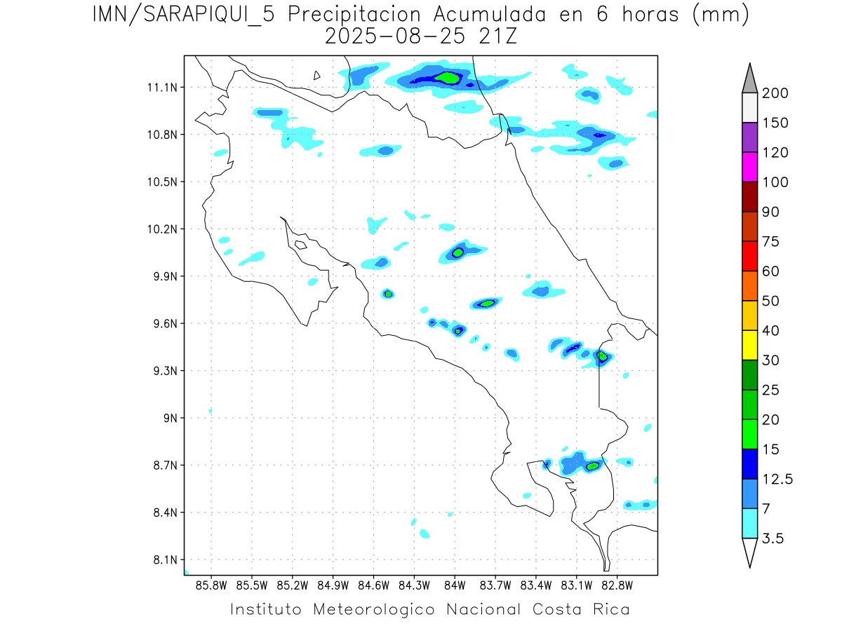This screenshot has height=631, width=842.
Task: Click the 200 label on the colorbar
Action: [775, 93]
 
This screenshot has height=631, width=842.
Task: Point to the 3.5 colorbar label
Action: [772, 538]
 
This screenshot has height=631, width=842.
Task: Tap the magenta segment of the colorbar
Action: [749, 167]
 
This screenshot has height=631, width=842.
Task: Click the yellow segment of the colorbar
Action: [749, 345]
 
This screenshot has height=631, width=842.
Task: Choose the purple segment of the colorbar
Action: [749, 137]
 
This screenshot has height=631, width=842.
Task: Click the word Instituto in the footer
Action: [267, 609]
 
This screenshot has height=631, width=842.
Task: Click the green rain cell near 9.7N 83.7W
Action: [488, 304]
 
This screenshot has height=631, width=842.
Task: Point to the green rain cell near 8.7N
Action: [593, 466]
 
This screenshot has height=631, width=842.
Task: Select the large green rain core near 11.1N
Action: [447, 78]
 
